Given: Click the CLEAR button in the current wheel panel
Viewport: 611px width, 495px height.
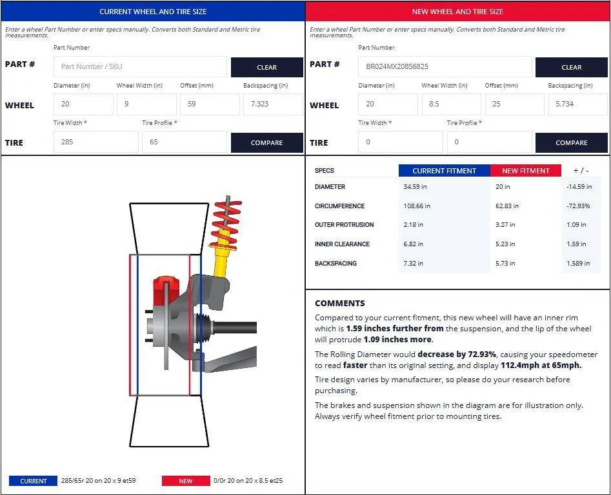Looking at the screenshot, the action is [x=267, y=67].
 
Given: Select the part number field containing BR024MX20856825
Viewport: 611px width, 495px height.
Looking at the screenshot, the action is [x=445, y=66].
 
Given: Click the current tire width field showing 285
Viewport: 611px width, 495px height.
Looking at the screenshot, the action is [x=96, y=142].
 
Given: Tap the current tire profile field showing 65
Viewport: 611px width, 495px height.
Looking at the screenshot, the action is [x=185, y=142].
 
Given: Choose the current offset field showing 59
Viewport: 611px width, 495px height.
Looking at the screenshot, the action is [x=210, y=104].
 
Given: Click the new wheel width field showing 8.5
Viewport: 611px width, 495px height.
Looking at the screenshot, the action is [x=451, y=104].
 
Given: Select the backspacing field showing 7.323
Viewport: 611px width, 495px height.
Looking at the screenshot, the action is [x=273, y=104].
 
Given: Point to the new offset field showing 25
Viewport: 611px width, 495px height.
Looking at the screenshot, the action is [x=514, y=104].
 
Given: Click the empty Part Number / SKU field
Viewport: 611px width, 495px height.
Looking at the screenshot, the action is [x=140, y=66].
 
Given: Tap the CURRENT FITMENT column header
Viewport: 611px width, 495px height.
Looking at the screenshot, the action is [x=445, y=170].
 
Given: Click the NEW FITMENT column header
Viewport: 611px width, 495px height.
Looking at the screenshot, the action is [x=526, y=170].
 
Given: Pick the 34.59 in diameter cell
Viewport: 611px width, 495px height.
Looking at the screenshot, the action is [x=415, y=187].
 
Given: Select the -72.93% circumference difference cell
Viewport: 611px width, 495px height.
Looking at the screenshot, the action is [x=578, y=206].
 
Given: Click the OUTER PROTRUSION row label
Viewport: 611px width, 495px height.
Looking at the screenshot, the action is [x=344, y=224].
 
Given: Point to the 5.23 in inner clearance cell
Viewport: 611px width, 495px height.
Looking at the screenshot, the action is [x=505, y=244].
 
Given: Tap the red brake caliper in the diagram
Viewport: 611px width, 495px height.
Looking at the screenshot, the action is [x=165, y=290].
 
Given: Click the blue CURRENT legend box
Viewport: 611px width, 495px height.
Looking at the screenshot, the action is [x=33, y=481].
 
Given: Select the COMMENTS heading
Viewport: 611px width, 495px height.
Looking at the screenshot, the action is [x=340, y=303].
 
